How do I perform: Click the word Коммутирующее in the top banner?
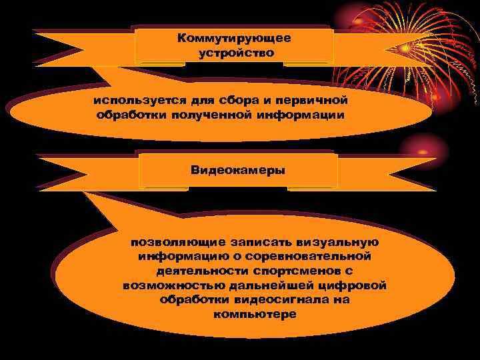234,39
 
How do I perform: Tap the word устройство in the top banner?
235,53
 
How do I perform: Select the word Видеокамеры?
238,170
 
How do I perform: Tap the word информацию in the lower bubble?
177,256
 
